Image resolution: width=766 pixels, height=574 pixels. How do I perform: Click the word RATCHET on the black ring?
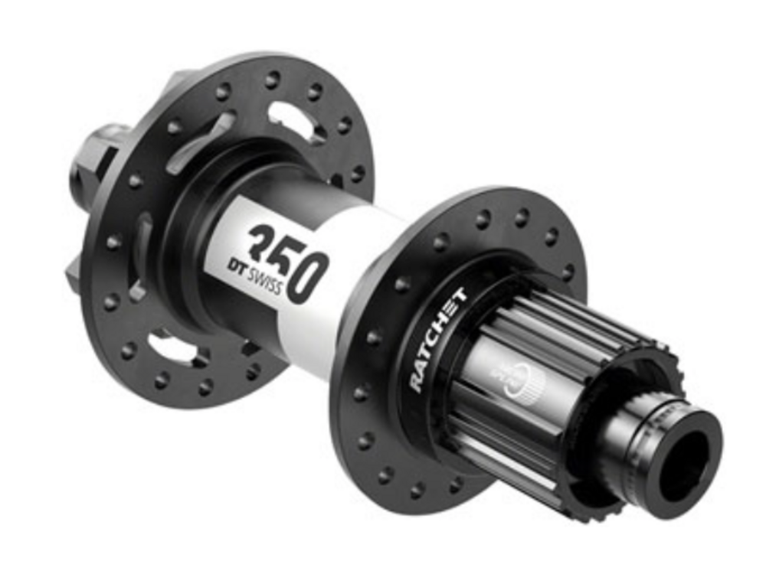coord(437,340)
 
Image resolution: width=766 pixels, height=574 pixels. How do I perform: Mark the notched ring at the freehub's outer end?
coord(613,429)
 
